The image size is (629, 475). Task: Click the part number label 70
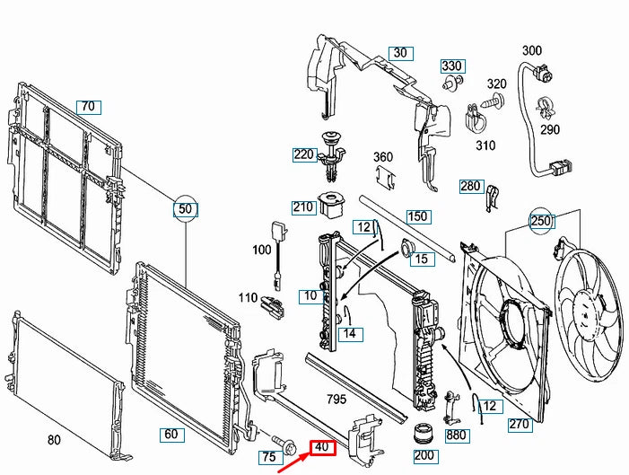point(87,107)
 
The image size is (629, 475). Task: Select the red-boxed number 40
point(322,447)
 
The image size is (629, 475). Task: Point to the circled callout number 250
point(540,221)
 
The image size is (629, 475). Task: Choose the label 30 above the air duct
point(399,53)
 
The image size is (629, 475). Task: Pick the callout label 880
point(456,435)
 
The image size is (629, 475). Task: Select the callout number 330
point(452,66)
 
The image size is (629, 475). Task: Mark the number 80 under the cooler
point(55,440)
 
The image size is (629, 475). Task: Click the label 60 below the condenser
point(170,435)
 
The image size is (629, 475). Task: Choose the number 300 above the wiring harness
point(532,50)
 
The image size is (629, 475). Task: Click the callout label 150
point(418,216)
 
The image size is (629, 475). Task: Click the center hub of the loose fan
point(586,310)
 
